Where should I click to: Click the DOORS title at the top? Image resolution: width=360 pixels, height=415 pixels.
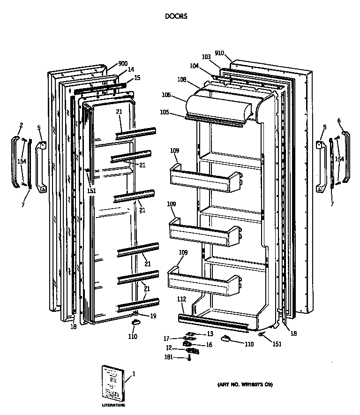tap(176, 16)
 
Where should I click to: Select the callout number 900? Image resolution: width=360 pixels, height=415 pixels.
tap(123, 64)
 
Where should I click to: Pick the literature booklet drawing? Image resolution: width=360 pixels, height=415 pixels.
tap(113, 382)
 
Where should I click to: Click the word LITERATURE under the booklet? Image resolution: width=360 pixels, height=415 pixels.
tap(114, 405)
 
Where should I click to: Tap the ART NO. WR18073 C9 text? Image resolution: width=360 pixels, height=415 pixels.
tap(245, 385)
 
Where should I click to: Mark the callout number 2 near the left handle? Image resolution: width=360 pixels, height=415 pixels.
tap(21, 125)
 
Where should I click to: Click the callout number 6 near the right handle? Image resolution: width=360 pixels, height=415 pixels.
tap(339, 121)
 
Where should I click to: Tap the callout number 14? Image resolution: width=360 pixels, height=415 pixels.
tap(131, 70)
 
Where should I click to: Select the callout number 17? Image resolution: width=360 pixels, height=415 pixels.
tap(166, 339)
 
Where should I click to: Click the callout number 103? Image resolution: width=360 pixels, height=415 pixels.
tap(206, 57)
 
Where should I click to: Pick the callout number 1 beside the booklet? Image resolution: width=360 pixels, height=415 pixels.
tap(134, 374)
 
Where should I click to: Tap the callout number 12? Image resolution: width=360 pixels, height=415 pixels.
tap(168, 348)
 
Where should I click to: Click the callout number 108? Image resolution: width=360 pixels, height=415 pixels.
tap(182, 80)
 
